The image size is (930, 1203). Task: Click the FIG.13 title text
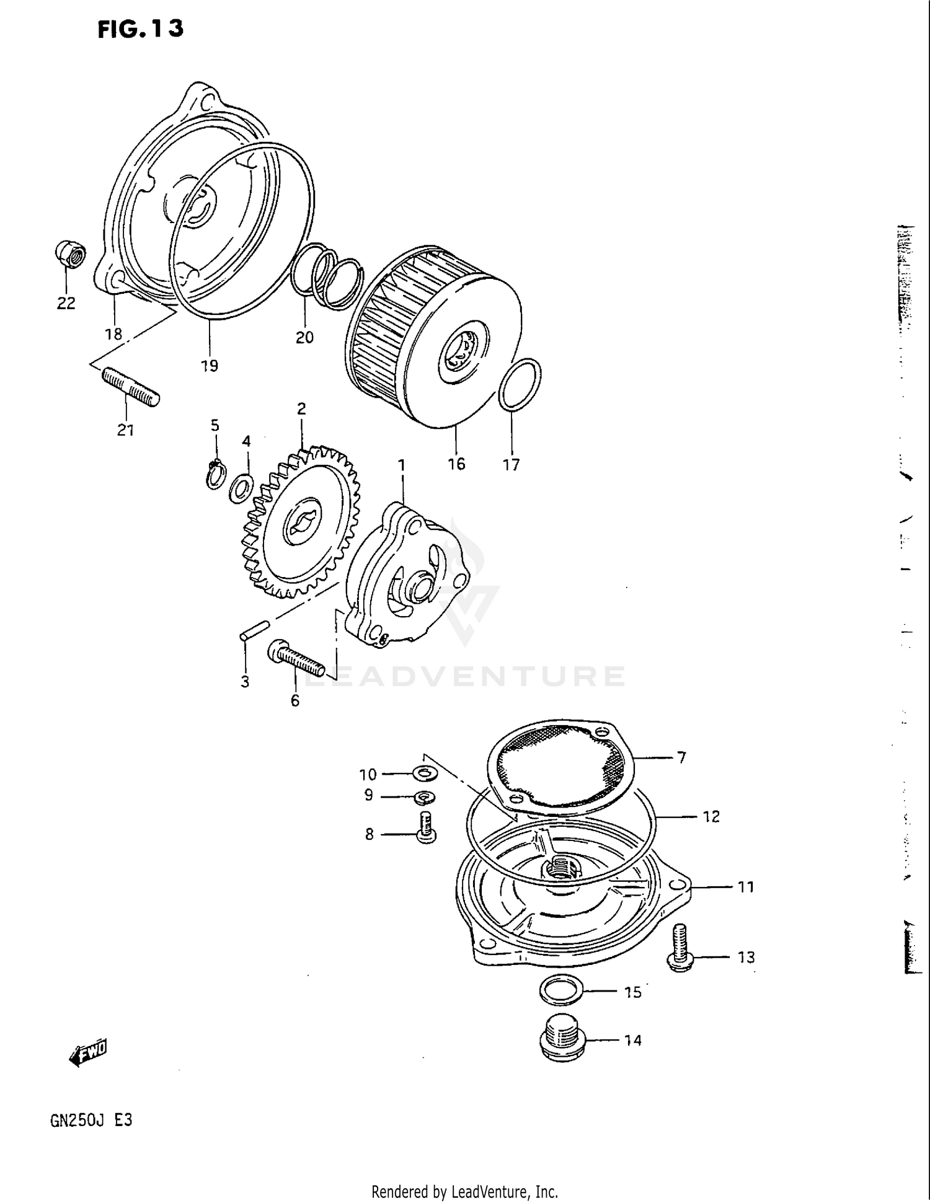click(141, 29)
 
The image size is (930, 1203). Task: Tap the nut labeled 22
click(70, 255)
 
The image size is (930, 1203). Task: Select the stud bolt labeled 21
click(130, 387)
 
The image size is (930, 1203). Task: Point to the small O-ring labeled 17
click(520, 384)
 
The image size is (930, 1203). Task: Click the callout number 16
click(456, 464)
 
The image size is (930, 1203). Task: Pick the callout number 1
click(402, 465)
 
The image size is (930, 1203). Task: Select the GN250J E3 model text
click(91, 1121)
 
